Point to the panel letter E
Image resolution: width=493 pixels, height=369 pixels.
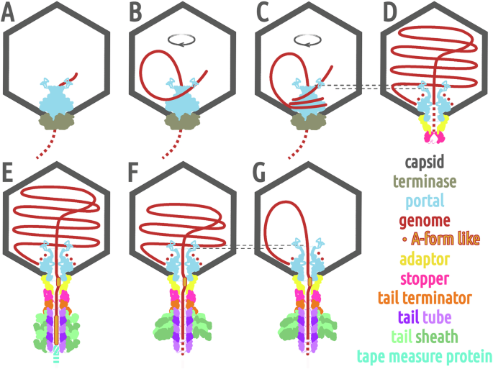tap(10, 175)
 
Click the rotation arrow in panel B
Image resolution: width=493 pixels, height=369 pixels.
tap(179, 42)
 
